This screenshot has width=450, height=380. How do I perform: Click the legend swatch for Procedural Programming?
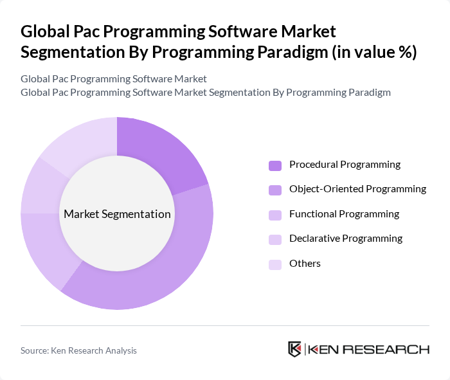pyautogui.click(x=275, y=165)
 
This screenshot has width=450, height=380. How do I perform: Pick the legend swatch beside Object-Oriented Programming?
pyautogui.click(x=275, y=190)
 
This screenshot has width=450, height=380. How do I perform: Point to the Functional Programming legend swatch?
pyautogui.click(x=275, y=215)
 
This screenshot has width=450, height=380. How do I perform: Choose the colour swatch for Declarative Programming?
pyautogui.click(x=275, y=239)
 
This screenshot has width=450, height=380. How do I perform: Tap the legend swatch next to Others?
pyautogui.click(x=275, y=264)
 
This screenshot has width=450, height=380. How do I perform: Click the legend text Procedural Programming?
pyautogui.click(x=345, y=165)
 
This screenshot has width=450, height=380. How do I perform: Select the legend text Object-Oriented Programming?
pyautogui.click(x=357, y=189)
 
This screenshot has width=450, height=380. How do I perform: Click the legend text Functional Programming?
pyautogui.click(x=344, y=214)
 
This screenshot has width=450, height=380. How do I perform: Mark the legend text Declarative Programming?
pyautogui.click(x=346, y=239)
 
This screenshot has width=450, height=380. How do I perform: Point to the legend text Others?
pyautogui.click(x=305, y=264)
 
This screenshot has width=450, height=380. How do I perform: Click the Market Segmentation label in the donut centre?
pyautogui.click(x=117, y=214)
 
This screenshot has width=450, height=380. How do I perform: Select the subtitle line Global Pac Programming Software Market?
pyautogui.click(x=114, y=79)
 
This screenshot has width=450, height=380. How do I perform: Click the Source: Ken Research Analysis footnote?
pyautogui.click(x=78, y=350)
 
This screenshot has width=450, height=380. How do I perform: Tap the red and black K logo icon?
pyautogui.click(x=295, y=350)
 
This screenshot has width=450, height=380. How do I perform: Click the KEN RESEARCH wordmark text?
pyautogui.click(x=369, y=350)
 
